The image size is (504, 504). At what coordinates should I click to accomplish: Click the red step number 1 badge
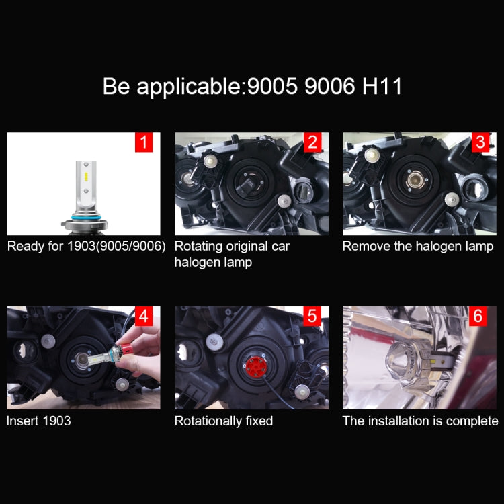(x=144, y=142)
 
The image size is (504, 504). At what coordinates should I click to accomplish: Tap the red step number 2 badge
(x=312, y=142)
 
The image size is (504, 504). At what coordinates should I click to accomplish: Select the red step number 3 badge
(x=480, y=142)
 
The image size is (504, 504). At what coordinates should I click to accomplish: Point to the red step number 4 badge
(x=144, y=316)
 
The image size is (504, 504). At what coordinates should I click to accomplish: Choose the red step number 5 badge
(x=312, y=316)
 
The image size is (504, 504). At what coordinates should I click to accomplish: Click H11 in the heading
(x=380, y=87)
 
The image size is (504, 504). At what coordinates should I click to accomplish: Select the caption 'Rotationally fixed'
(x=224, y=421)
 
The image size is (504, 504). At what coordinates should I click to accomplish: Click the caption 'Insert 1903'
(x=38, y=421)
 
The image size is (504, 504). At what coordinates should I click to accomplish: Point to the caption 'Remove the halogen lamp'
(x=418, y=246)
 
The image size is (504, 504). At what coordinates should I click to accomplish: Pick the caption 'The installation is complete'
(x=421, y=421)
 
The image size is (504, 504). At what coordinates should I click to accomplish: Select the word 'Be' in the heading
(x=116, y=87)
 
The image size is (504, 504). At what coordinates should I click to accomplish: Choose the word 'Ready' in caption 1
(x=25, y=246)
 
